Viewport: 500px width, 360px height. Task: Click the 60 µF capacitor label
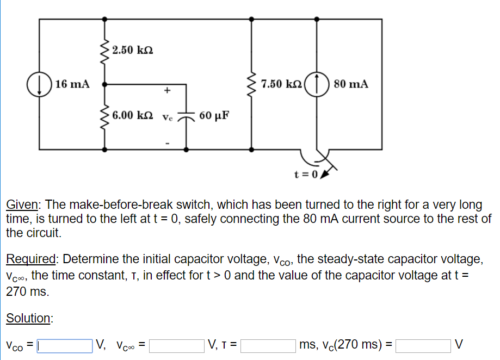(214, 116)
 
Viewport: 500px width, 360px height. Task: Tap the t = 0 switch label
(306, 175)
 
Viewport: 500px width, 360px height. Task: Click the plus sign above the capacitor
(168, 90)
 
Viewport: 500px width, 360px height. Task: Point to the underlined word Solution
(29, 318)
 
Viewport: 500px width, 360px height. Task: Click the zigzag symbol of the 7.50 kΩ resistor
(251, 84)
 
